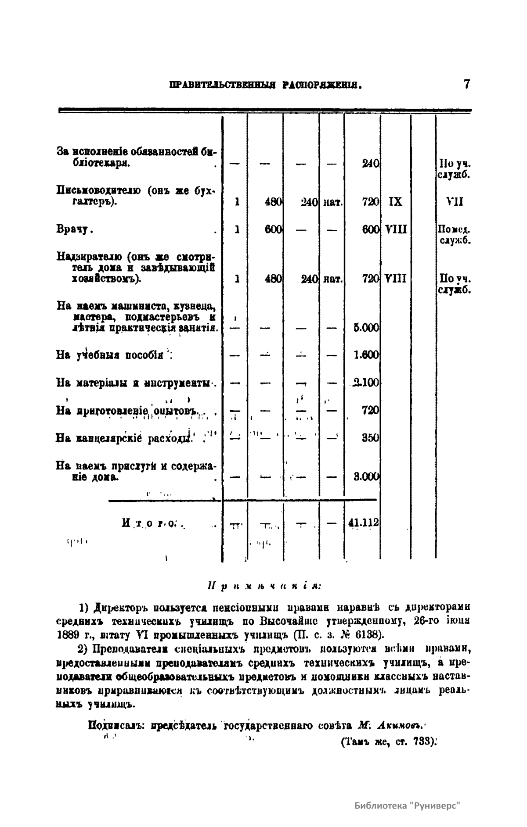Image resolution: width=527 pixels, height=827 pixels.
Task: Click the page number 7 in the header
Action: tap(467, 84)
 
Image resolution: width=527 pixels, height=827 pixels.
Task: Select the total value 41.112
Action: tap(363, 523)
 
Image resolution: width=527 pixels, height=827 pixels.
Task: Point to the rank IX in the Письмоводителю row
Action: tap(395, 202)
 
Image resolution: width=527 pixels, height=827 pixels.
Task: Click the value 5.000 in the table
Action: tap(366, 328)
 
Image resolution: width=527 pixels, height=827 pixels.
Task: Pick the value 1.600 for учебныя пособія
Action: tap(366, 355)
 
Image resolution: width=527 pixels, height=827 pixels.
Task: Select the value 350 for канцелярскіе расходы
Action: tap(370, 438)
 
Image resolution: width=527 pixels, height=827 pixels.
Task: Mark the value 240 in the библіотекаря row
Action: tap(371, 164)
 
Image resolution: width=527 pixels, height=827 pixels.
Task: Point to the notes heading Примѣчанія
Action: tap(263, 586)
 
